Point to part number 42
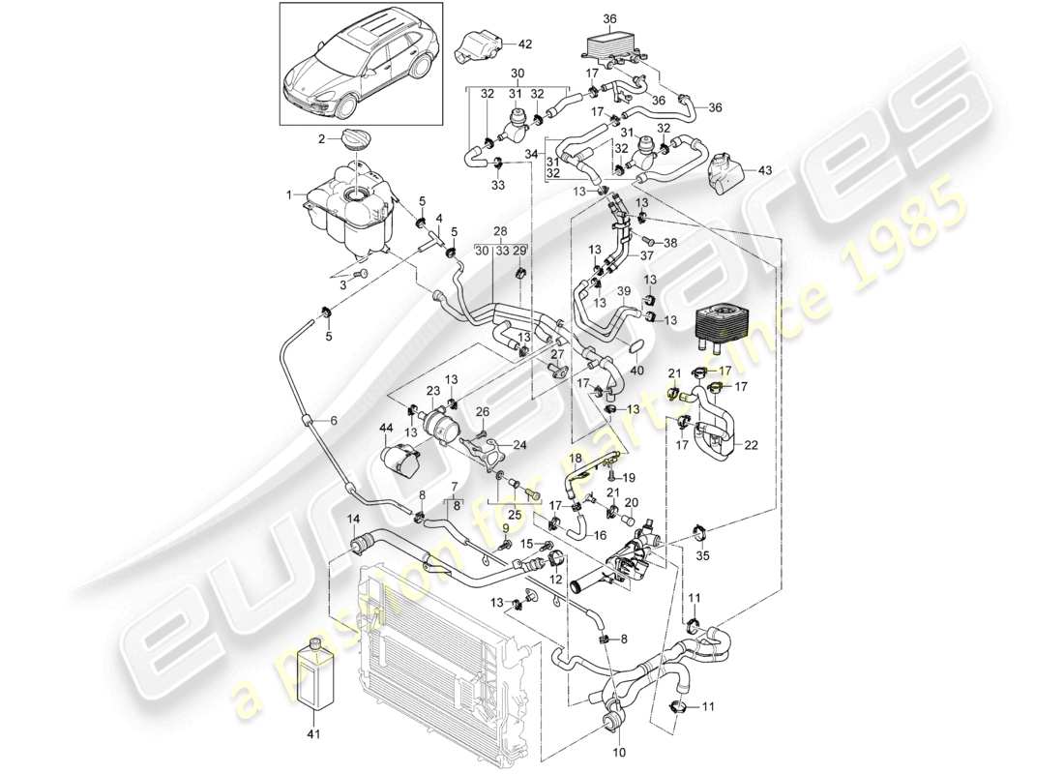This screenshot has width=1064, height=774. (524, 44)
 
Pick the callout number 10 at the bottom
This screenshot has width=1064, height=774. (618, 752)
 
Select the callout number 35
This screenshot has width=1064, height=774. (702, 556)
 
